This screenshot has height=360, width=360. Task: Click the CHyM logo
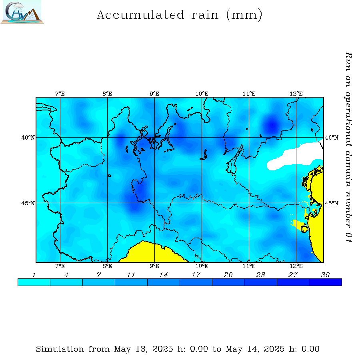(x=22, y=12)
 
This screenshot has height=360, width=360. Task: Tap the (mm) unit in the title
(x=244, y=15)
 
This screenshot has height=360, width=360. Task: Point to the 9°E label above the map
(x=154, y=94)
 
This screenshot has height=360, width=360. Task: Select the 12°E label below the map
(x=296, y=266)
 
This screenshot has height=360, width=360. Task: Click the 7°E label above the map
(x=60, y=94)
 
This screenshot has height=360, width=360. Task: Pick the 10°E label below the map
(x=202, y=266)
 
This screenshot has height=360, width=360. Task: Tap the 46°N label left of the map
(x=28, y=138)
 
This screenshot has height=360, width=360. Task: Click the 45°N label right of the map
(x=332, y=203)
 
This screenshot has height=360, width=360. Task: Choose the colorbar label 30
(x=325, y=275)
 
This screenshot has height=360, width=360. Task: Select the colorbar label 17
(x=196, y=275)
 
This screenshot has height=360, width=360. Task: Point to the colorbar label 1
(x=34, y=275)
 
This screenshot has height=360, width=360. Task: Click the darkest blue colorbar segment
(x=325, y=282)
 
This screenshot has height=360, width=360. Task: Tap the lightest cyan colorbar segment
(x=34, y=282)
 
